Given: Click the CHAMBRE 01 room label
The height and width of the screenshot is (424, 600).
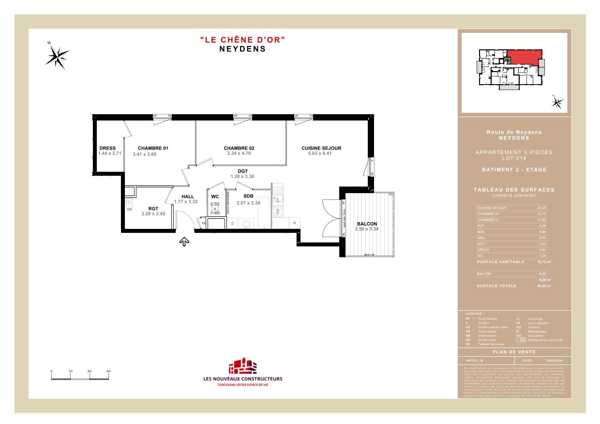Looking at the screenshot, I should pos(152,148).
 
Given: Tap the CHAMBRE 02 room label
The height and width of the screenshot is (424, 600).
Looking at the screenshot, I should pos(239,148).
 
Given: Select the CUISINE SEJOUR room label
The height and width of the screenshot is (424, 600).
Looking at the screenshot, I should pos(321,148).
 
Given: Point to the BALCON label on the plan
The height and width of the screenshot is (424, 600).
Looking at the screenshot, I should pos(366,224).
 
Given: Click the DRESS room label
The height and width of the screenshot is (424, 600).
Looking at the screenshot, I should pos(107,148).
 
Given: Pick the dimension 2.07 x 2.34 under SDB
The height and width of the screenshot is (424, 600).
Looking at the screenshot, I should pos(248,203).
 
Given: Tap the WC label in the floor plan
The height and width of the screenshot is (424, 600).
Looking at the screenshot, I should pos(215,197).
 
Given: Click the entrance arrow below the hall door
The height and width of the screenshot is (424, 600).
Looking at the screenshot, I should pos(184,242).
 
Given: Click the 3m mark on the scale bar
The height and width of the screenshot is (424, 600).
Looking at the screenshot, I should pos(108,371).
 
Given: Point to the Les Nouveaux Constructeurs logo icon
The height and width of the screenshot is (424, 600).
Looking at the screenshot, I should pos(242,366).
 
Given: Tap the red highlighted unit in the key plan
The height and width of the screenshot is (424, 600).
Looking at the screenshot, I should pos(524,57).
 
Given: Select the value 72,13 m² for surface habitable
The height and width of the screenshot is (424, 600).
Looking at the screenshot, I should pos(544,262).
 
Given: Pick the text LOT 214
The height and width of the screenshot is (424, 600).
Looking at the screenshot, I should pos(514,158).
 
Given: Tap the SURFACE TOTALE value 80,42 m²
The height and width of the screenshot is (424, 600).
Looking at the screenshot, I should pos(544,286).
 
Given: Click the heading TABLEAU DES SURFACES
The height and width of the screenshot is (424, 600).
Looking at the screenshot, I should pos(514,190).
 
